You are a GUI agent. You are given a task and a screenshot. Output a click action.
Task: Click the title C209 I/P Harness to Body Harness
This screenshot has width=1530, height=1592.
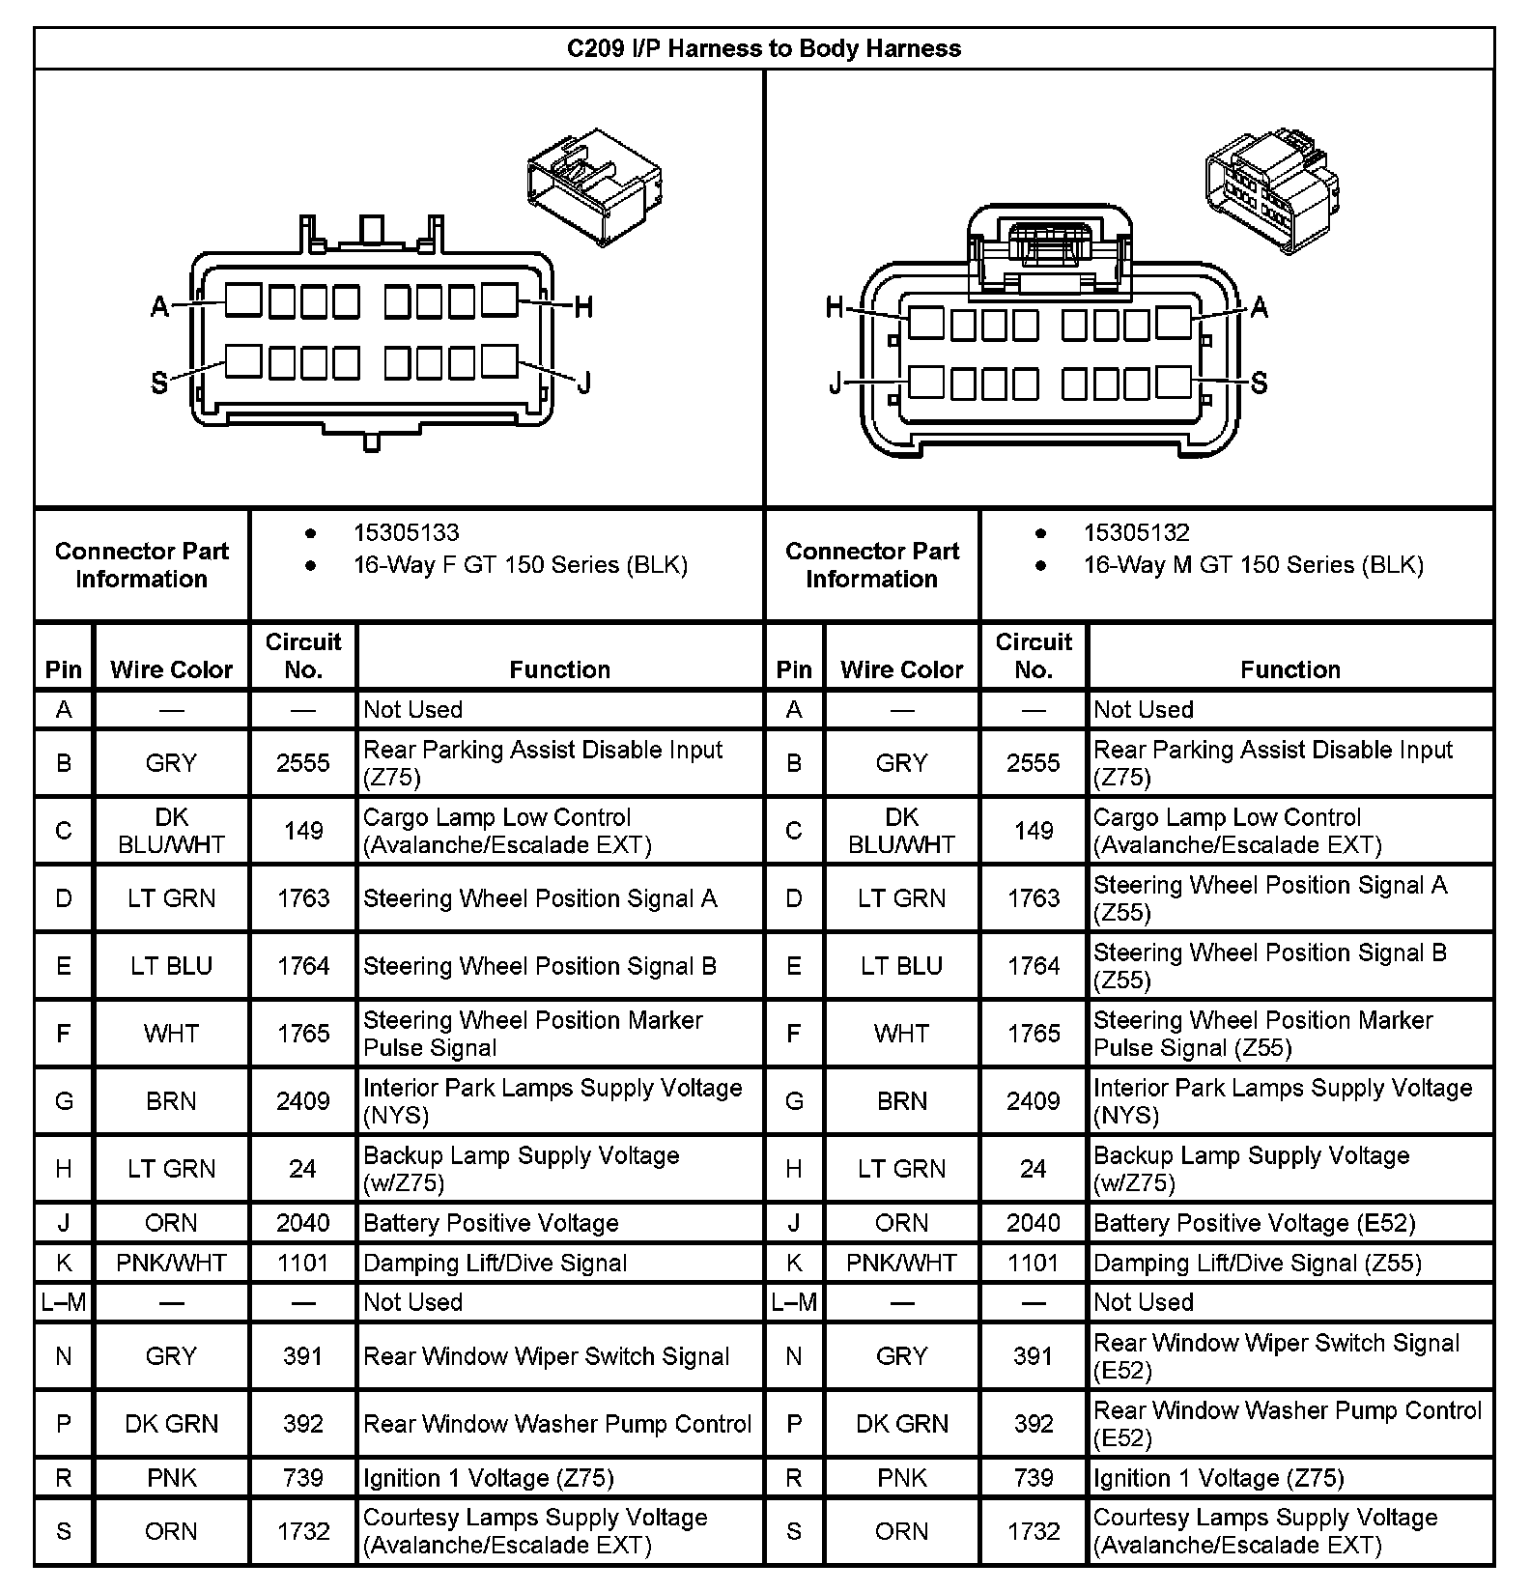pyautogui.click(x=763, y=49)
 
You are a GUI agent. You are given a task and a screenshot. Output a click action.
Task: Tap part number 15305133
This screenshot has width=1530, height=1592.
pyautogui.click(x=406, y=533)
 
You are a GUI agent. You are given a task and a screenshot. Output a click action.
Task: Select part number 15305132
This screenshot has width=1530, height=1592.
pyautogui.click(x=1136, y=533)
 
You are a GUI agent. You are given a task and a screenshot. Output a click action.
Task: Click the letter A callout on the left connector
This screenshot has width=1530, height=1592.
pyautogui.click(x=160, y=308)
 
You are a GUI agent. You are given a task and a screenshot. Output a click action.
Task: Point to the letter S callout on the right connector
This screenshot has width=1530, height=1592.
pyautogui.click(x=1259, y=384)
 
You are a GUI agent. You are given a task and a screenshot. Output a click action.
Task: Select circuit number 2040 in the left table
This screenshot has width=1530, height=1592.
pyautogui.click(x=302, y=1223)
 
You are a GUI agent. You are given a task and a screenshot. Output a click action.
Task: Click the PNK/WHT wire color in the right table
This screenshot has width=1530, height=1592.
pyautogui.click(x=901, y=1264)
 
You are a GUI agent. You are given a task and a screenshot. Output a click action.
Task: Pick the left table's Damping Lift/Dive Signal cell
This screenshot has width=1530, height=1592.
pyautogui.click(x=495, y=1264)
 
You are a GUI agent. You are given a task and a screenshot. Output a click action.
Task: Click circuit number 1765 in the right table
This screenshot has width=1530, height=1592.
pyautogui.click(x=1033, y=1034)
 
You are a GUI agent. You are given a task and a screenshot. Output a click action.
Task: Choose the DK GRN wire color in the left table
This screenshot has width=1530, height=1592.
pyautogui.click(x=171, y=1424)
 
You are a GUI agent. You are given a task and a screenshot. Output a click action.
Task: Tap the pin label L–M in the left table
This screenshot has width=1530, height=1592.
pyautogui.click(x=64, y=1302)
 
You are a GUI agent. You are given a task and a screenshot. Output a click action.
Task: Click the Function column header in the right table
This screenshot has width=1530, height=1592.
pyautogui.click(x=1289, y=669)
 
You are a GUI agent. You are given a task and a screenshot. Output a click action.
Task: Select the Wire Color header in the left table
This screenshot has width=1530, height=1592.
pyautogui.click(x=171, y=669)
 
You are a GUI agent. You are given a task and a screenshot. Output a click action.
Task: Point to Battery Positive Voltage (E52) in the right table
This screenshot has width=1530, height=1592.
pyautogui.click(x=1254, y=1223)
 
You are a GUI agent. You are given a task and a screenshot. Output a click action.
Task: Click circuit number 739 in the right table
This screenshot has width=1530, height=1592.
pyautogui.click(x=1033, y=1478)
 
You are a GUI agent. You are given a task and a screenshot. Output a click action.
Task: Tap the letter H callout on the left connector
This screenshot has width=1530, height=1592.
pyautogui.click(x=583, y=308)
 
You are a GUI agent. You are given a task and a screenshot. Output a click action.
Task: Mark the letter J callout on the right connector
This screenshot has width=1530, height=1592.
pyautogui.click(x=835, y=384)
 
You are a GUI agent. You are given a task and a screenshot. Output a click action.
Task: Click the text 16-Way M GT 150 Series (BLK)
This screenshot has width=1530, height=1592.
pyautogui.click(x=1253, y=565)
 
